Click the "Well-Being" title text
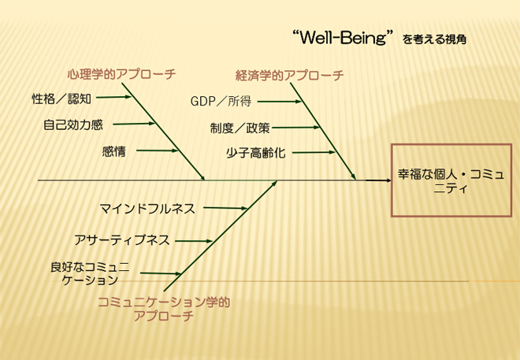(x=343, y=37)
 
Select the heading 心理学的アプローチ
(x=121, y=74)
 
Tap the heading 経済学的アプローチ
(x=289, y=76)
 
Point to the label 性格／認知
(x=61, y=98)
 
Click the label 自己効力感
(x=73, y=125)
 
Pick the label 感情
(x=113, y=152)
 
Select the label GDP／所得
(x=221, y=101)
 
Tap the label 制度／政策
(x=240, y=128)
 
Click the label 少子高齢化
(x=256, y=153)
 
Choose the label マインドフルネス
(x=147, y=209)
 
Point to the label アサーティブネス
(x=121, y=240)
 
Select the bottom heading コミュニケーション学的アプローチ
(x=164, y=309)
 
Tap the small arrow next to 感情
(x=158, y=150)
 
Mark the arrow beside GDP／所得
(x=280, y=102)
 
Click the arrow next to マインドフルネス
(x=225, y=208)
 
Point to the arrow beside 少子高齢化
(x=314, y=153)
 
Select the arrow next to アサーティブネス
(x=194, y=241)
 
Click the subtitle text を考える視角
(x=434, y=39)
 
